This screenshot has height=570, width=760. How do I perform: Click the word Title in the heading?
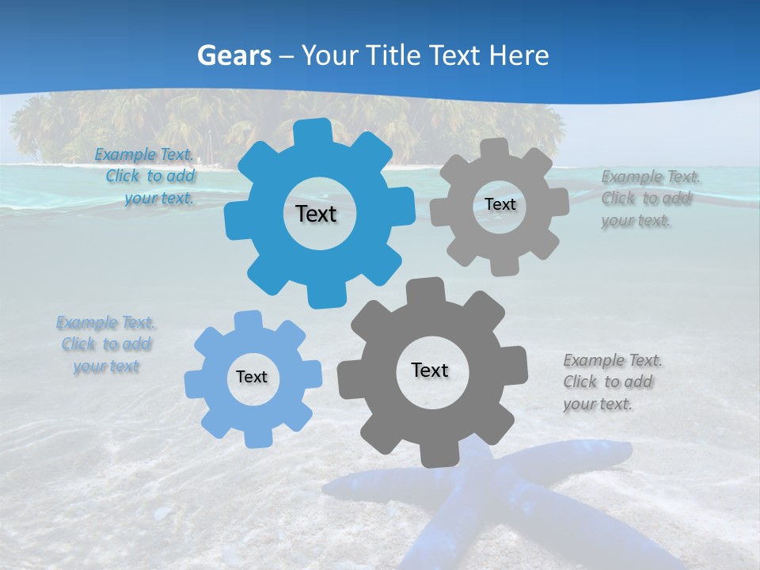393,55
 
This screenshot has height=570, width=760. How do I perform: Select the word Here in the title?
519,55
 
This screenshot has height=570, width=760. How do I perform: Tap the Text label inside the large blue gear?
316,214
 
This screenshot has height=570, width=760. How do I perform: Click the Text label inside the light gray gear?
500,204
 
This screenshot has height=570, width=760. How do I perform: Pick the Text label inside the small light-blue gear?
252,377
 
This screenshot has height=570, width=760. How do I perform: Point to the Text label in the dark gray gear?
430,370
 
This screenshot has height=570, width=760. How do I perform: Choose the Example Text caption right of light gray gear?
649,198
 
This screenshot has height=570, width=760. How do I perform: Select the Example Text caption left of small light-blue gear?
106,344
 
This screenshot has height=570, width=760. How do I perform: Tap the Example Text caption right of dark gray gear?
611,382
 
